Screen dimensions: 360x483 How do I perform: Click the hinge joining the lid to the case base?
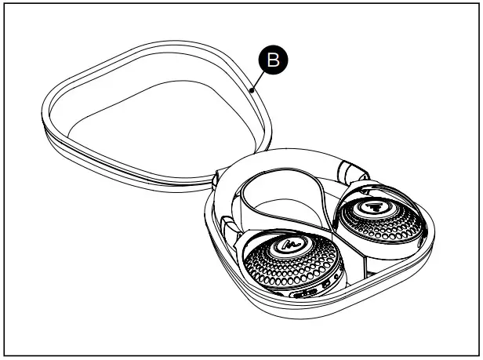[x=213, y=181]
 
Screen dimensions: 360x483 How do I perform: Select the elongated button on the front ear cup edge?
[x=305, y=294]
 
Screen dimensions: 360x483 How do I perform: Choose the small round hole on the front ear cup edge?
[x=336, y=276]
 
